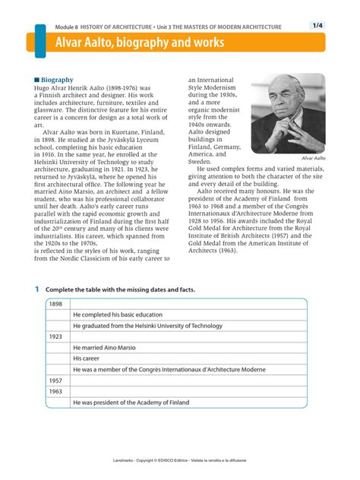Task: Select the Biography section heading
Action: coord(57,79)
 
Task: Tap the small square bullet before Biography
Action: coord(36,79)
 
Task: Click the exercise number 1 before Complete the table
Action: coord(36,290)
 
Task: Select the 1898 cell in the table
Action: coord(56,304)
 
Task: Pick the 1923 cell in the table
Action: coord(56,336)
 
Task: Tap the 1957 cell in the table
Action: coord(56,380)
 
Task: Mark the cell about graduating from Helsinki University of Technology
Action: coord(148,325)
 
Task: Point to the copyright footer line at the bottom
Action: coord(179,461)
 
